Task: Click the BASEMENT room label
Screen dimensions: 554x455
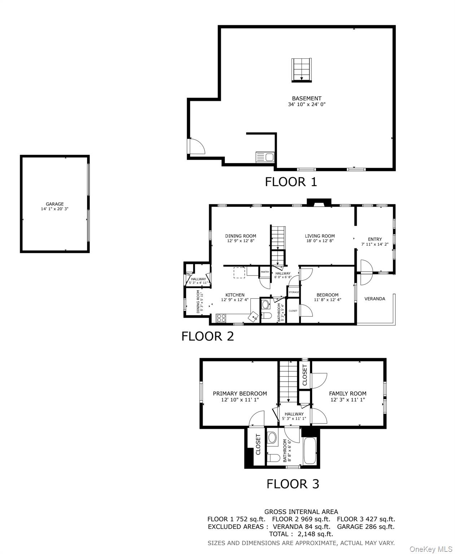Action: pyautogui.click(x=306, y=98)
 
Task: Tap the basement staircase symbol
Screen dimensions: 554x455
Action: pyautogui.click(x=301, y=70)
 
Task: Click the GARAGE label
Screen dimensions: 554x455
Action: pyautogui.click(x=54, y=204)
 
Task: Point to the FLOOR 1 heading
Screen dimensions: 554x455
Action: pyautogui.click(x=291, y=182)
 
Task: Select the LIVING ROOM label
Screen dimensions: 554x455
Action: pyautogui.click(x=320, y=236)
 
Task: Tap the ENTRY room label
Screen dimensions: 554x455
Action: pyautogui.click(x=375, y=239)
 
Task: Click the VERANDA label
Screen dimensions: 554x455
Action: pyautogui.click(x=375, y=299)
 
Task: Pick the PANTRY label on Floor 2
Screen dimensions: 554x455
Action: pyautogui.click(x=265, y=272)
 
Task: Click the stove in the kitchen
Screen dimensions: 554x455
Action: pyautogui.click(x=221, y=318)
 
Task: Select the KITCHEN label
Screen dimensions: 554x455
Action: pyautogui.click(x=235, y=295)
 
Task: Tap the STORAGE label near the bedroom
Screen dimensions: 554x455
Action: pyautogui.click(x=293, y=292)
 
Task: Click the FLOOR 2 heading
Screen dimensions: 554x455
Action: pyautogui.click(x=207, y=336)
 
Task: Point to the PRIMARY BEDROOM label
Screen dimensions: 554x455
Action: pyautogui.click(x=240, y=393)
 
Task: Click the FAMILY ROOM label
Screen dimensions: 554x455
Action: pyautogui.click(x=347, y=393)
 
